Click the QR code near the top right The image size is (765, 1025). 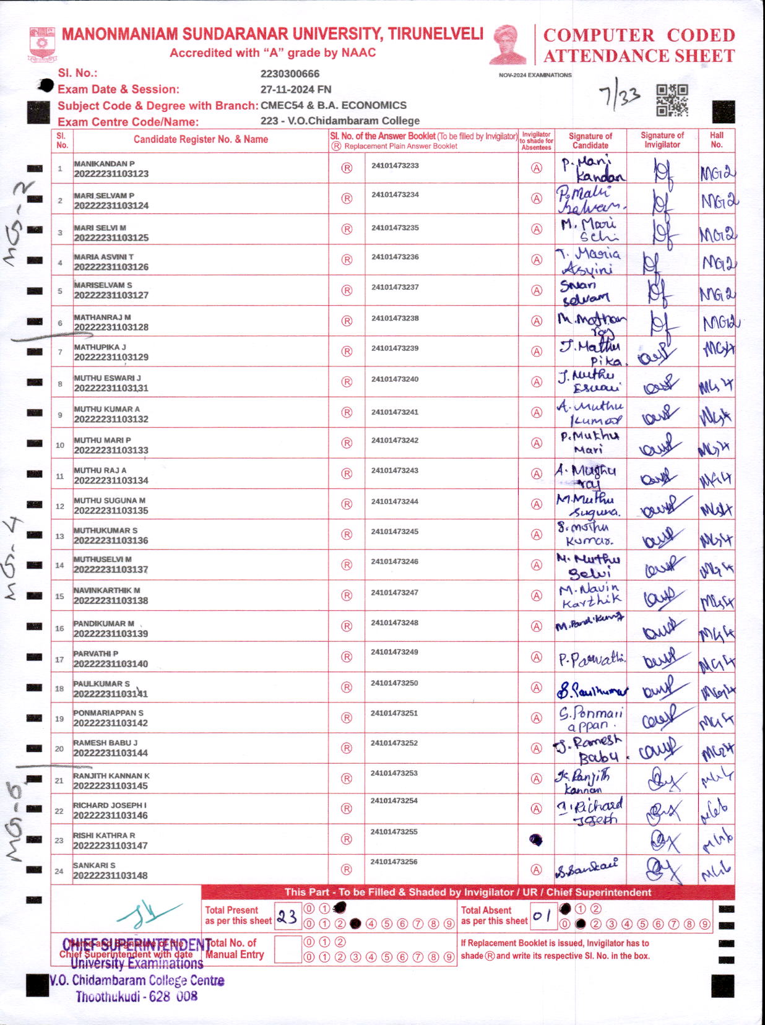pyautogui.click(x=672, y=100)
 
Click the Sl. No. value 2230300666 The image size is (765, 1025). pyautogui.click(x=290, y=74)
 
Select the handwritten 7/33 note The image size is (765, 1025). pyautogui.click(x=619, y=97)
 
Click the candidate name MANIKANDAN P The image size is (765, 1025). pyautogui.click(x=104, y=163)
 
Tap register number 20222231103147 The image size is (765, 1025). pyautogui.click(x=111, y=846)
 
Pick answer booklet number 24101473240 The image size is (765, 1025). pyautogui.click(x=395, y=379)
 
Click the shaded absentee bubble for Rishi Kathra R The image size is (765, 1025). pyautogui.click(x=536, y=840)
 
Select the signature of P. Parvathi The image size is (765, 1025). pyautogui.click(x=591, y=659)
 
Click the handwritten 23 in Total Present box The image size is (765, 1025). pyautogui.click(x=287, y=916)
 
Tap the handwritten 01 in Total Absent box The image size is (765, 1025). pyautogui.click(x=542, y=915)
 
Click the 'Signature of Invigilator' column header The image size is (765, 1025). pyautogui.click(x=662, y=140)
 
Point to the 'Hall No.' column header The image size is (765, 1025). pyautogui.click(x=716, y=140)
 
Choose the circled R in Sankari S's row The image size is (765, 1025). pyautogui.click(x=347, y=870)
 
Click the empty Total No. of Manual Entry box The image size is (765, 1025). pyautogui.click(x=287, y=949)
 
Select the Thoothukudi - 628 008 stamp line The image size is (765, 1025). pyautogui.click(x=137, y=997)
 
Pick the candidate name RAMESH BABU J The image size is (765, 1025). pyautogui.click(x=105, y=743)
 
